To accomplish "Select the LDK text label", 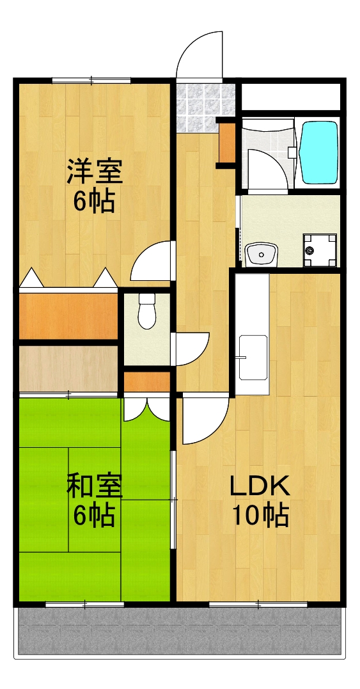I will click(x=260, y=487).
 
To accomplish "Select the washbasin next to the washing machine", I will click(x=262, y=255).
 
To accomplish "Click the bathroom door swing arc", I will click(x=263, y=168).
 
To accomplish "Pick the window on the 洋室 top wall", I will click(x=91, y=80).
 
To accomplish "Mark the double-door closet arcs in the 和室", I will click(x=146, y=409).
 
